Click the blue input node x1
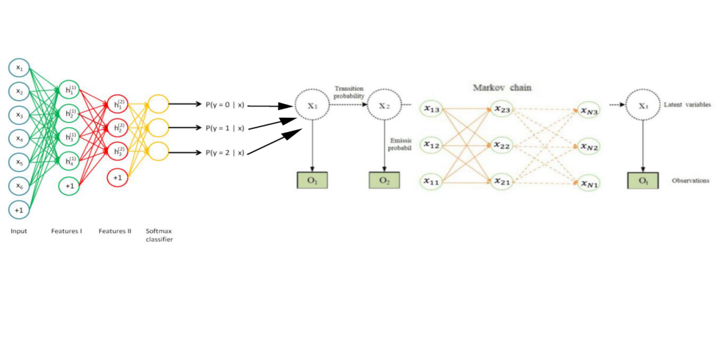pos(19,67)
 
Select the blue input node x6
pos(19,186)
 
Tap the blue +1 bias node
pos(19,209)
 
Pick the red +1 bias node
pos(117,177)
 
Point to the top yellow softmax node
pos(158,103)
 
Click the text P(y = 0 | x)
pos(224,104)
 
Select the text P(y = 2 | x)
pos(224,153)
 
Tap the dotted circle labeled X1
pos(312,105)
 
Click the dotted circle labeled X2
pos(384,105)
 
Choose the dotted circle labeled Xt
pos(643,105)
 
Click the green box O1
pos(312,180)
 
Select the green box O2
pos(384,180)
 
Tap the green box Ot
pos(643,180)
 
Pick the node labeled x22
pos(503,145)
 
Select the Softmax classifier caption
pos(160,235)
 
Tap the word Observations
pos(690,181)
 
